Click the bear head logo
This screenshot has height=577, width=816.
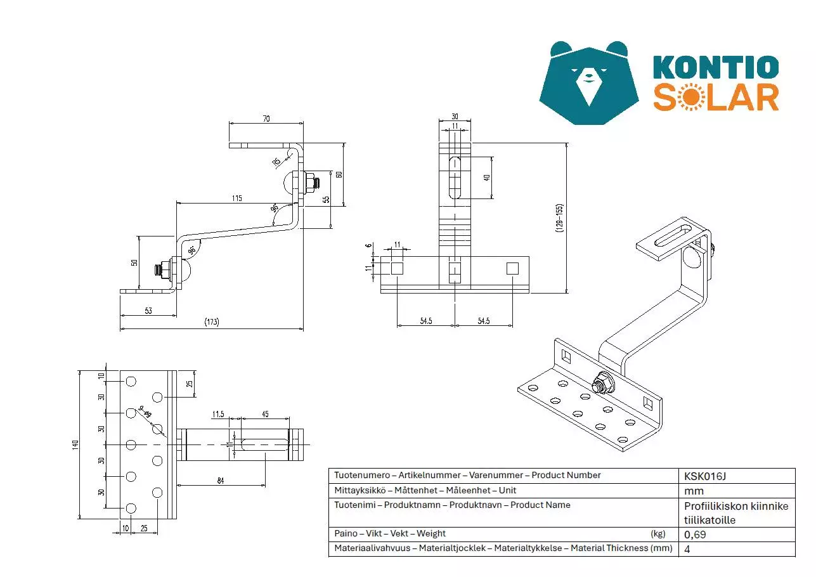(x=589, y=82)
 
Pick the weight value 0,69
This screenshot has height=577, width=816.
(x=695, y=535)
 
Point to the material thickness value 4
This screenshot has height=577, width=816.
(x=687, y=549)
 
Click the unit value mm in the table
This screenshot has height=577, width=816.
(x=694, y=491)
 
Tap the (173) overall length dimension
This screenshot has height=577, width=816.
(x=211, y=322)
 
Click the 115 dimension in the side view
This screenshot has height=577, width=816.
(x=236, y=198)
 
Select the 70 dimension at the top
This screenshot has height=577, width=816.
(x=266, y=119)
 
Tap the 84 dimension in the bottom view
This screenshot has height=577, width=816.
(x=220, y=480)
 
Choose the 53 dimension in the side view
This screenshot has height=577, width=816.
(x=148, y=311)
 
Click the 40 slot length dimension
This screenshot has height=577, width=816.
(x=486, y=178)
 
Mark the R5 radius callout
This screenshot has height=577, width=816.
(x=276, y=162)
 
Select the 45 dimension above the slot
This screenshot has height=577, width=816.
(x=264, y=414)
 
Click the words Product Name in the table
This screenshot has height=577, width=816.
(x=540, y=505)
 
